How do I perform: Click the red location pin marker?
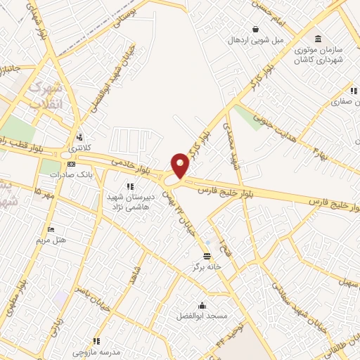click(x=181, y=165)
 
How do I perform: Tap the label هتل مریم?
click(x=51, y=240)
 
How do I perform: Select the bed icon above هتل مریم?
click(x=51, y=229)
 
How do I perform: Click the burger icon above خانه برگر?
click(x=207, y=256)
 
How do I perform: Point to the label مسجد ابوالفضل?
click(x=202, y=316)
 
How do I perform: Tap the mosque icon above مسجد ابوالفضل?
click(x=202, y=305)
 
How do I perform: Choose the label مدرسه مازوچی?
click(x=94, y=349)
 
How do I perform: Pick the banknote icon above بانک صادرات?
click(x=70, y=164)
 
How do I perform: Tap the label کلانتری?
click(x=81, y=149)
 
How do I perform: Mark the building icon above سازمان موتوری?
click(x=319, y=37)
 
